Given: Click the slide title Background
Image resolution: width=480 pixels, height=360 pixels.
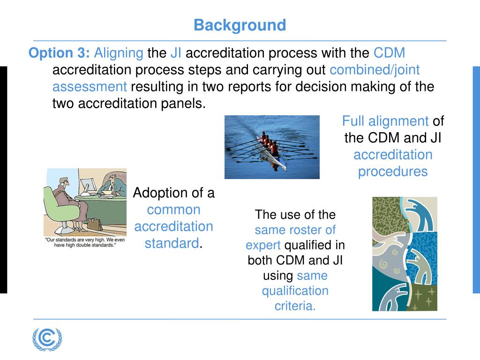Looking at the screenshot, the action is point(240,25).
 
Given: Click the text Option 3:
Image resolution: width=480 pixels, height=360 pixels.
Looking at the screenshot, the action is point(59,52).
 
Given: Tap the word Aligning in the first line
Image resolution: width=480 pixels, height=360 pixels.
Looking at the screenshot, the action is point(119,53).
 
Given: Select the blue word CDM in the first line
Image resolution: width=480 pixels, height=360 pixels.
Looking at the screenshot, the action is point(389,52).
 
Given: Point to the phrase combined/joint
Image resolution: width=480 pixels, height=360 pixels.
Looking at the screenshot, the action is point(375,70).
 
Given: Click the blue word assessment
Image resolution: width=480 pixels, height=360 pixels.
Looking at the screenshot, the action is point(90,87).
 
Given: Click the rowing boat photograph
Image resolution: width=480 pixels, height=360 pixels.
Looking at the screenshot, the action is point(272,147).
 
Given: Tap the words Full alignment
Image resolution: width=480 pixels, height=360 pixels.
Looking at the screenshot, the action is point(385,121).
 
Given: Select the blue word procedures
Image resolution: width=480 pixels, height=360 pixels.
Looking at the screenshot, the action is point(393,172).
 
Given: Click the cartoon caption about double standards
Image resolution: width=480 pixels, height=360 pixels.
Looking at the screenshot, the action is point(85,242).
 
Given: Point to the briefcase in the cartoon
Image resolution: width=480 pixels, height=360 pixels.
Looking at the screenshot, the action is point(95,225).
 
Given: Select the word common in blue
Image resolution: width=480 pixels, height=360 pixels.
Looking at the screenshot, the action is point(173,210).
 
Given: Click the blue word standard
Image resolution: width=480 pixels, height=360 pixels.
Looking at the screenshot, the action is point(172,244).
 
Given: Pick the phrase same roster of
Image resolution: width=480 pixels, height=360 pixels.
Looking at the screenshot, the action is point(295,230).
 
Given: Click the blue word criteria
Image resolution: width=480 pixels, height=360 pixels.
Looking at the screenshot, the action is point(295,306).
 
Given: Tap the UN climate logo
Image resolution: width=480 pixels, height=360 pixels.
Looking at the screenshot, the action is point(47,339).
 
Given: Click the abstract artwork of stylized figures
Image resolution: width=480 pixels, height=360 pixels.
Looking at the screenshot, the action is point(405,254).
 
